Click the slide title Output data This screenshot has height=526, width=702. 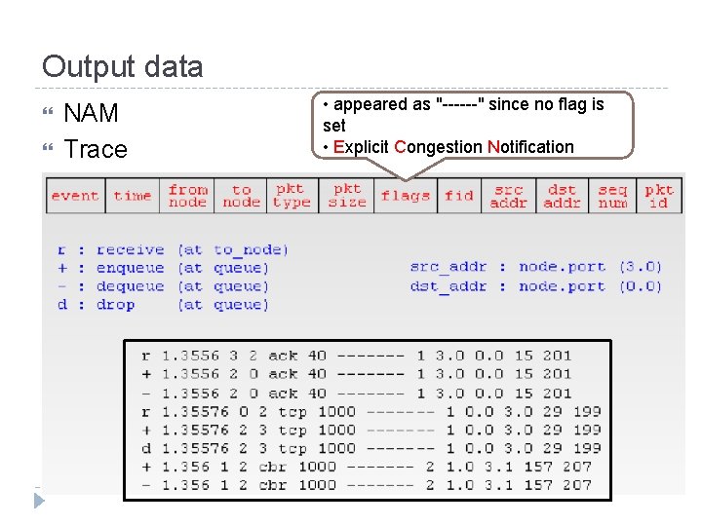pyautogui.click(x=123, y=66)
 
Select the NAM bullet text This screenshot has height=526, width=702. pyautogui.click(x=91, y=113)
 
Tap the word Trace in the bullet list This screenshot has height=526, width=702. pyautogui.click(x=96, y=149)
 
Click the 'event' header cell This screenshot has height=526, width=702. pyautogui.click(x=75, y=196)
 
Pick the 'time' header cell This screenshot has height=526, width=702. pyautogui.click(x=133, y=196)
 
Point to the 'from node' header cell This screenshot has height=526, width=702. pyautogui.click(x=187, y=196)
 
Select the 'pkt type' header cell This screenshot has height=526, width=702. pyautogui.click(x=291, y=196)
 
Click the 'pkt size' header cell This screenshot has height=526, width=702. pyautogui.click(x=347, y=196)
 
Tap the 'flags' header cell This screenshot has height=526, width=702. pyautogui.click(x=406, y=196)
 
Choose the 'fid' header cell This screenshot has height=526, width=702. pyautogui.click(x=459, y=196)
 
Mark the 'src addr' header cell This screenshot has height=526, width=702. pyautogui.click(x=508, y=196)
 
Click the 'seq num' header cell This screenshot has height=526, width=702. pyautogui.click(x=612, y=196)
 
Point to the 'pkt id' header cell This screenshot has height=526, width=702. pyautogui.click(x=659, y=196)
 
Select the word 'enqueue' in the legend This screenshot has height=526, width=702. pyautogui.click(x=131, y=268)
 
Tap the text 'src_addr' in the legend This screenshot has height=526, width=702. pyautogui.click(x=448, y=267)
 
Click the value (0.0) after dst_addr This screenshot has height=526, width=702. pyautogui.click(x=640, y=286)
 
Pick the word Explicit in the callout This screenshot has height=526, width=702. pyautogui.click(x=359, y=147)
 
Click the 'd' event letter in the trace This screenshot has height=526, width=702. pyautogui.click(x=145, y=448)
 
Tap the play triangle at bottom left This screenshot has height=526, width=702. pyautogui.click(x=39, y=501)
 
